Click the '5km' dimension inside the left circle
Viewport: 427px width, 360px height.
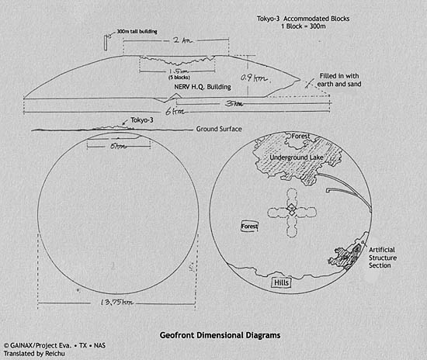pos(116,144)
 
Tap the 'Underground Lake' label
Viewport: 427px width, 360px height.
pos(296,158)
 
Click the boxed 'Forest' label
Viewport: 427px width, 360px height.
pos(249,227)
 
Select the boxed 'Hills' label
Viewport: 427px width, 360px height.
pos(281,284)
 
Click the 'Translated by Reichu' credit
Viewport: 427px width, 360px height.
pos(33,351)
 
